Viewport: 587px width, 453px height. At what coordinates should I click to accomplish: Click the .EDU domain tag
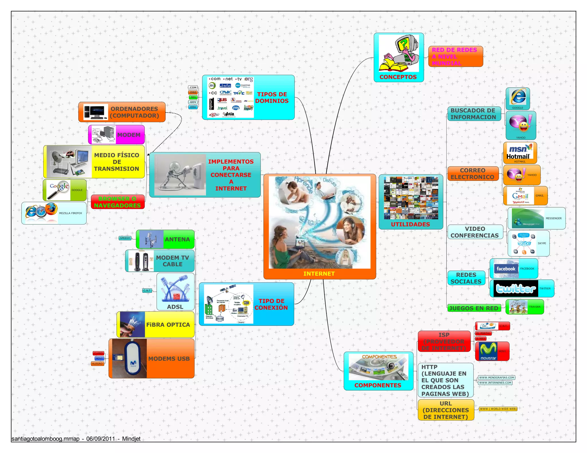click(x=193, y=107)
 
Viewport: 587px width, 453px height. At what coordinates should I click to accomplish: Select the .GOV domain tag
click(x=193, y=102)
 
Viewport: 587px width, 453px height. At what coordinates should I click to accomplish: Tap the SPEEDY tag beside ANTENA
click(x=125, y=238)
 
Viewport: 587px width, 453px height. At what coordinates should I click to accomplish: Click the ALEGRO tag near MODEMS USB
click(x=97, y=364)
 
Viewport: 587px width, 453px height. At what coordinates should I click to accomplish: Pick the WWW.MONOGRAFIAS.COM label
click(x=496, y=377)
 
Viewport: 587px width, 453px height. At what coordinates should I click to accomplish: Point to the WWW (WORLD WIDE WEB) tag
click(x=498, y=409)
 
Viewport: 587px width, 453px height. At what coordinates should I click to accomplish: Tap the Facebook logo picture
click(x=506, y=269)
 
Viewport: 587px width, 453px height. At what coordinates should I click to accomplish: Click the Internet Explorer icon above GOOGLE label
click(x=518, y=97)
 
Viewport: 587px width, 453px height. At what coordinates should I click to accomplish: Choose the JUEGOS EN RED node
click(x=473, y=308)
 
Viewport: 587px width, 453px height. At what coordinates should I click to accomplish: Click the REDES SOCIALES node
click(x=466, y=278)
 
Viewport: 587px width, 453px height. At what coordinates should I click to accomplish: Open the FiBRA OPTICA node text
click(x=168, y=325)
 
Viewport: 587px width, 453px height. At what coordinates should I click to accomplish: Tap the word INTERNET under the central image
click(x=319, y=274)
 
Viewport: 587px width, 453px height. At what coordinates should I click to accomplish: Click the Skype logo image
click(x=524, y=243)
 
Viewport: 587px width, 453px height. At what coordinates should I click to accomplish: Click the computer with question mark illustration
click(x=399, y=53)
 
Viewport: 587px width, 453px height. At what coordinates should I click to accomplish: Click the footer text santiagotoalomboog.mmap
click(x=46, y=439)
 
